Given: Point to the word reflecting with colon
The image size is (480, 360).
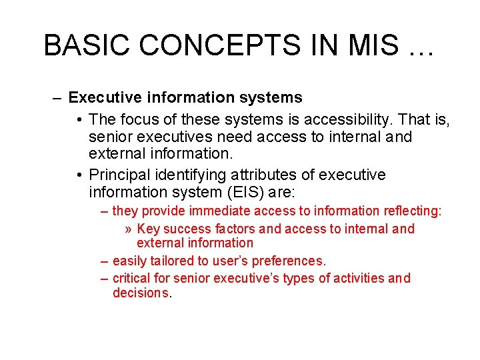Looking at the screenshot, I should click(x=413, y=211).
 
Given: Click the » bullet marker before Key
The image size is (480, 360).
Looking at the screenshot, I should click(x=129, y=229).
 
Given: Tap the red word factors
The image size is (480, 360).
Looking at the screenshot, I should click(x=233, y=229).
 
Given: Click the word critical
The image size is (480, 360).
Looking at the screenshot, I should click(x=131, y=278).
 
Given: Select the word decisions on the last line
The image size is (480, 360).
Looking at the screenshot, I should click(x=141, y=293).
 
